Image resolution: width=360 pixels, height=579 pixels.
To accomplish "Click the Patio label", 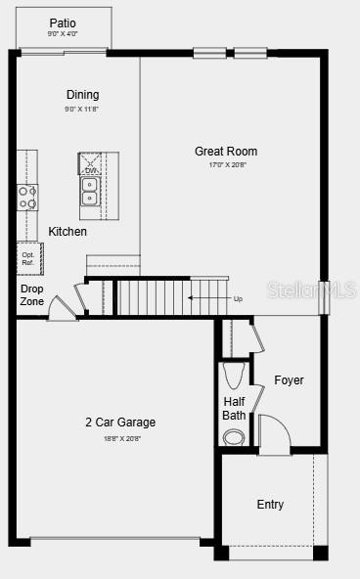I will (63, 22).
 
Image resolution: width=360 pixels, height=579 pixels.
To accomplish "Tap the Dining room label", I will (82, 95).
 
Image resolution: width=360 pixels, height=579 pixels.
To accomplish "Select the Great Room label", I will (226, 152).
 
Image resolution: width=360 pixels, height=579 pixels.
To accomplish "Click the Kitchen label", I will (67, 232).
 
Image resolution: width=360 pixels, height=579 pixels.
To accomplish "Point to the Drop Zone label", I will (31, 295).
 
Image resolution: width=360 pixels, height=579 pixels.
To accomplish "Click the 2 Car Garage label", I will (120, 423).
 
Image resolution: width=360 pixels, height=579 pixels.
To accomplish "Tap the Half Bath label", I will (234, 408).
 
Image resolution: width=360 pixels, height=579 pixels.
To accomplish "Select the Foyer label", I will (289, 379).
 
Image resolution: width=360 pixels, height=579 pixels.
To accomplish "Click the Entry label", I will (270, 505).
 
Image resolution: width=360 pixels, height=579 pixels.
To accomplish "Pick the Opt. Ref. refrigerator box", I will (29, 258).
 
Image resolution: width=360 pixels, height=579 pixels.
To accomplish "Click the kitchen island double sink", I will (89, 191).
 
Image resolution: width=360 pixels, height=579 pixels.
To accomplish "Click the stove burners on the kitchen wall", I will (27, 198).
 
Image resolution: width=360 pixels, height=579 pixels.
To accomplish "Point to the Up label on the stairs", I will (238, 298).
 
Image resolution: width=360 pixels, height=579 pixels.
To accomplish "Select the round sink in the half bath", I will (234, 437).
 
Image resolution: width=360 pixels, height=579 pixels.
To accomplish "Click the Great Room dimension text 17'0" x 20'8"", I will (226, 165).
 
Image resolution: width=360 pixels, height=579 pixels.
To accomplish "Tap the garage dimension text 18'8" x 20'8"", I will (120, 438).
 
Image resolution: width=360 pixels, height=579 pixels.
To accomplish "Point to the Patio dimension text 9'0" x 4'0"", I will (63, 34).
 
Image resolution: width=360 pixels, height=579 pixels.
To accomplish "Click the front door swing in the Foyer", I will (273, 433).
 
